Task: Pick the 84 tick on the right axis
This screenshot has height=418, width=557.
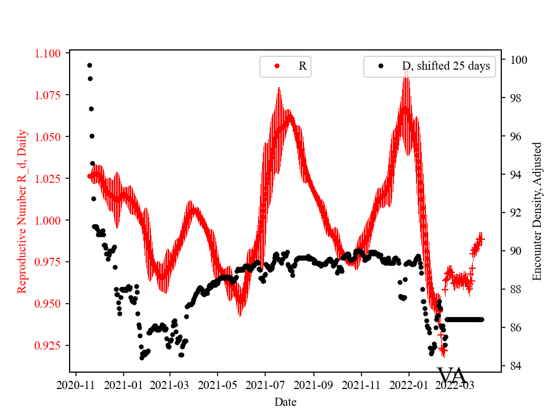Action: (x=516, y=366)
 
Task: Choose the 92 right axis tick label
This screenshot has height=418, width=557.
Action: (x=516, y=212)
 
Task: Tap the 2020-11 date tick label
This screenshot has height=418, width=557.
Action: (x=75, y=384)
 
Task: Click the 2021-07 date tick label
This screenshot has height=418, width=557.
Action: (x=265, y=384)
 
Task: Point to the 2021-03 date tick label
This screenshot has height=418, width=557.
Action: (x=171, y=384)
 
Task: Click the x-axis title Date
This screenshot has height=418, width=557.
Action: (x=286, y=401)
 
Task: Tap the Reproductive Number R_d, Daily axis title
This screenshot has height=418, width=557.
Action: (x=22, y=211)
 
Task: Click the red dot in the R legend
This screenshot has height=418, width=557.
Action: (x=277, y=66)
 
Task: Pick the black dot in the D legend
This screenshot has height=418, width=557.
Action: (x=381, y=66)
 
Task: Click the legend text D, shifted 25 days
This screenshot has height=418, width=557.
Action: (x=446, y=66)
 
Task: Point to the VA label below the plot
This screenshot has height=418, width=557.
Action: (x=452, y=376)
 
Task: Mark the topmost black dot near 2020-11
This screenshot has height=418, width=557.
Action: (x=89, y=65)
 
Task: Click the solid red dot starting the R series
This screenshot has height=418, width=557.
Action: (x=89, y=175)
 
